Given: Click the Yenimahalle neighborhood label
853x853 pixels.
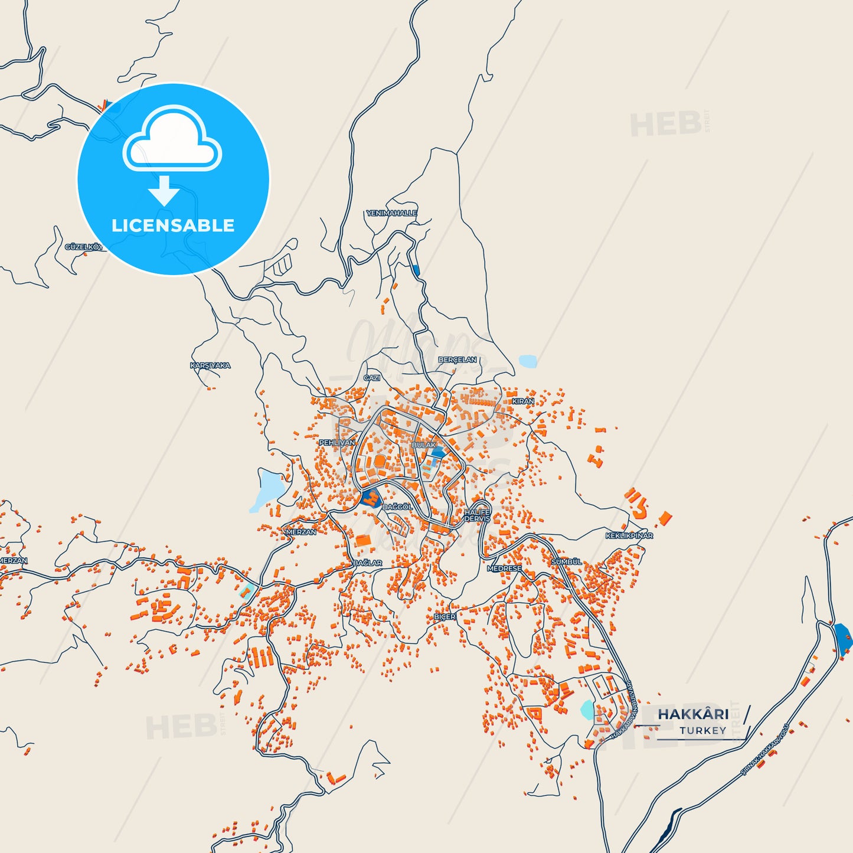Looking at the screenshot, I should (391, 213).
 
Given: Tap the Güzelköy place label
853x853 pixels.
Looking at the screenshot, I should (83, 247).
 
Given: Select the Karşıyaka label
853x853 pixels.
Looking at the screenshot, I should (210, 365).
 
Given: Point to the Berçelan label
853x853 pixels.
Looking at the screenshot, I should (457, 359).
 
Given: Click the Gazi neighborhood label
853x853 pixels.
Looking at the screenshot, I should (372, 378).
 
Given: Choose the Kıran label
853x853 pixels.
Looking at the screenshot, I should (522, 401).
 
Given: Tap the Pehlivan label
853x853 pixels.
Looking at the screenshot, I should (337, 442).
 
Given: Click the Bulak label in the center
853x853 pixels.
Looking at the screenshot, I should (423, 445).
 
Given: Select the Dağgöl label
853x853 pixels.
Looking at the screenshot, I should (397, 507).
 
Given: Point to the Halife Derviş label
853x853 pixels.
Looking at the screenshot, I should (477, 515).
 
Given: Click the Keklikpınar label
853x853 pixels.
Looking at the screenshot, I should (629, 536).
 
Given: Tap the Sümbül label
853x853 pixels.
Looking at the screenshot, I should (566, 562).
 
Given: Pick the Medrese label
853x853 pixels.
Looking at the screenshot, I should (504, 568).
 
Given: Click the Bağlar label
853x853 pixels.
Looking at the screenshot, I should (367, 563).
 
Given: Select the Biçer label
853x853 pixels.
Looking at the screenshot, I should (445, 617).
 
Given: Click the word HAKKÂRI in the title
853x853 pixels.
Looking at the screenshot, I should (693, 714).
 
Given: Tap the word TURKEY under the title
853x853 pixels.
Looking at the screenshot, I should (702, 731).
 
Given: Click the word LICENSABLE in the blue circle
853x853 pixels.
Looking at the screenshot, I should (173, 225).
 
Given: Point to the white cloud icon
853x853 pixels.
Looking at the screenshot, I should (172, 139).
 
